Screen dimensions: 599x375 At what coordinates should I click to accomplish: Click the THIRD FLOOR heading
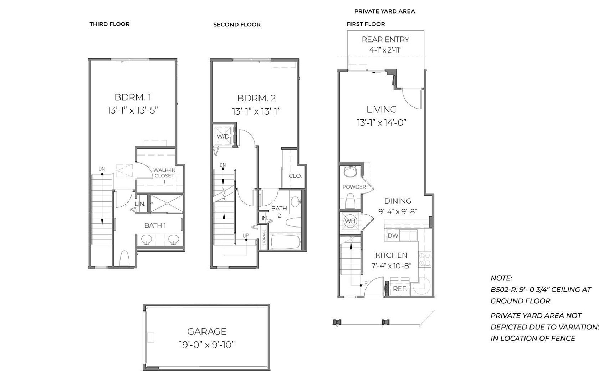tap(110, 24)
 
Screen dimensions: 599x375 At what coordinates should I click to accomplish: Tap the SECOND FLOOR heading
tap(237, 25)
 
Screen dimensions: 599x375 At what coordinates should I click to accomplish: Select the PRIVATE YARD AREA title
tap(384, 11)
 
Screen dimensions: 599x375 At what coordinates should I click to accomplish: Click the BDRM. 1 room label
tap(133, 97)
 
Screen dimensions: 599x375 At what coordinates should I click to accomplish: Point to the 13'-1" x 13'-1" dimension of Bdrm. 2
tap(256, 111)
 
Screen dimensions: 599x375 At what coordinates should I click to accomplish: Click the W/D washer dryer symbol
tap(223, 136)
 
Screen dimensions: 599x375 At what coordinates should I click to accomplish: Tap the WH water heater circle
tap(350, 221)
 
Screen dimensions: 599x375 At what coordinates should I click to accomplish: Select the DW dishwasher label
tap(393, 235)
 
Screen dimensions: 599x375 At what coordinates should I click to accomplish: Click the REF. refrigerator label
tap(400, 289)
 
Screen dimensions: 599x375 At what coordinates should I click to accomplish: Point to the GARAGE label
tap(207, 331)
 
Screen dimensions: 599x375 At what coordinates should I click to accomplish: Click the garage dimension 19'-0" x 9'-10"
tap(207, 345)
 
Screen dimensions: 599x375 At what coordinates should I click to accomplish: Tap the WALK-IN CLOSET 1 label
tap(164, 176)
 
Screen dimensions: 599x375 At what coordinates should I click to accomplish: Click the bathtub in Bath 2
tap(286, 242)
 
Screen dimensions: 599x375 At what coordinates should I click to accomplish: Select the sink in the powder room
tap(350, 172)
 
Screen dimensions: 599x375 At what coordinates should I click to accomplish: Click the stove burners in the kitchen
tap(425, 259)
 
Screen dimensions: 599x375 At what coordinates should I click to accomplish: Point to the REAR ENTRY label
tap(385, 39)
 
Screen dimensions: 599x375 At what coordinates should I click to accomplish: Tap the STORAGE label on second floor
tap(264, 237)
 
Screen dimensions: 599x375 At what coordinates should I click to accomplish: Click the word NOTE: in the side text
tap(501, 278)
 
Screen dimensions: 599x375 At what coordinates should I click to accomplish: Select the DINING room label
tap(398, 201)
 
